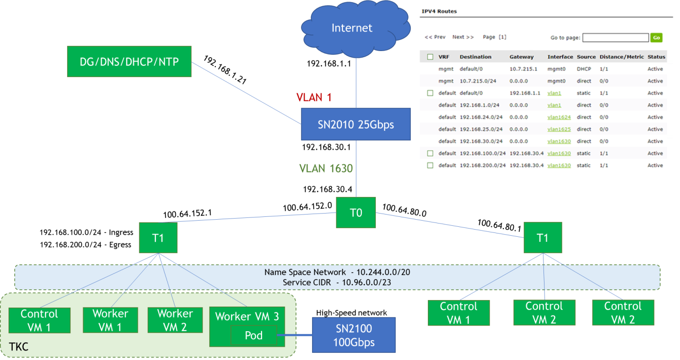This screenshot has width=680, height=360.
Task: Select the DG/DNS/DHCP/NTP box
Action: pyautogui.click(x=129, y=61)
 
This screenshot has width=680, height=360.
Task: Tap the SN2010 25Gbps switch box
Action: pyautogui.click(x=356, y=125)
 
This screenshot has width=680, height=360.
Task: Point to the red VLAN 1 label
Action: pyautogui.click(x=314, y=97)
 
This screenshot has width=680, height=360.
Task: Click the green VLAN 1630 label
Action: pyautogui.click(x=326, y=168)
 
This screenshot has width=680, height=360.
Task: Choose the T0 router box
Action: pyautogui.click(x=356, y=213)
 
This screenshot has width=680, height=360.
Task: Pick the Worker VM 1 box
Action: pyautogui.click(x=110, y=320)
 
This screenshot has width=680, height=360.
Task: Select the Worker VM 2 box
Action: pyautogui.click(x=175, y=320)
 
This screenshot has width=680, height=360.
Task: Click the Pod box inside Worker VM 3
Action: pyautogui.click(x=254, y=335)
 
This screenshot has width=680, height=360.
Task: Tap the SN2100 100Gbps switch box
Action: pyautogui.click(x=353, y=335)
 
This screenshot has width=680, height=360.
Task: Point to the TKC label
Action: pyautogui.click(x=19, y=347)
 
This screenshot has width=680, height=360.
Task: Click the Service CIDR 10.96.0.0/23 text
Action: pyautogui.click(x=337, y=283)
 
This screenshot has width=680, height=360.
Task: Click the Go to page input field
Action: pyautogui.click(x=615, y=37)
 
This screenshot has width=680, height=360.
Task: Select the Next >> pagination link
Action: pyautogui.click(x=463, y=37)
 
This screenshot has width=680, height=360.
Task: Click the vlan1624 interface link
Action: pyautogui.click(x=559, y=117)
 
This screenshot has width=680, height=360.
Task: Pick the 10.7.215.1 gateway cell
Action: pyautogui.click(x=520, y=69)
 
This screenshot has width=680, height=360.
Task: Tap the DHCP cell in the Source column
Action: pyautogui.click(x=584, y=69)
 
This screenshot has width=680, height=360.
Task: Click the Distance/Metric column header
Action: pyautogui.click(x=621, y=57)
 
